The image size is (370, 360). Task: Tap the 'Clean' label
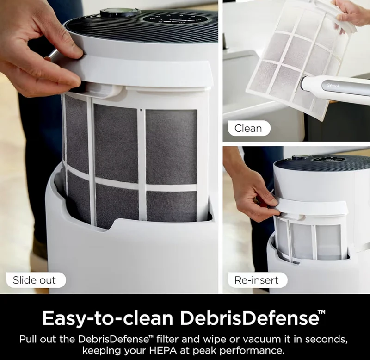249,128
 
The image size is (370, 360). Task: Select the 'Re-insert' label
257,280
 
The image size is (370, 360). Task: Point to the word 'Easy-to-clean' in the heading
108,318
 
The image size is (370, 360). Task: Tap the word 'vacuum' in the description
261,339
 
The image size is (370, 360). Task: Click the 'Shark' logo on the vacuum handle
333,85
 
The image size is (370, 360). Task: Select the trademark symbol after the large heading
321,312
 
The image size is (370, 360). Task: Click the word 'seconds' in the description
327,339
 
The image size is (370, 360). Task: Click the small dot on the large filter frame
141,110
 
